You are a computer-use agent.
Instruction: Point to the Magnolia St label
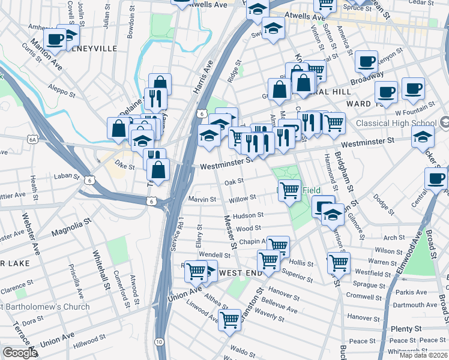pos(70,226)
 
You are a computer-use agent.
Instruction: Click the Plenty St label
pos(406,329)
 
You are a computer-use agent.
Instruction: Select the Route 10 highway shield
pos(158,341)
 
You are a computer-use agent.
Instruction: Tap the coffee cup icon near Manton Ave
pos(55,39)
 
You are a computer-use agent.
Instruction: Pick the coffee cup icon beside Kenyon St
pos(366,61)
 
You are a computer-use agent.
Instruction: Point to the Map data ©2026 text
pos(424,355)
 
